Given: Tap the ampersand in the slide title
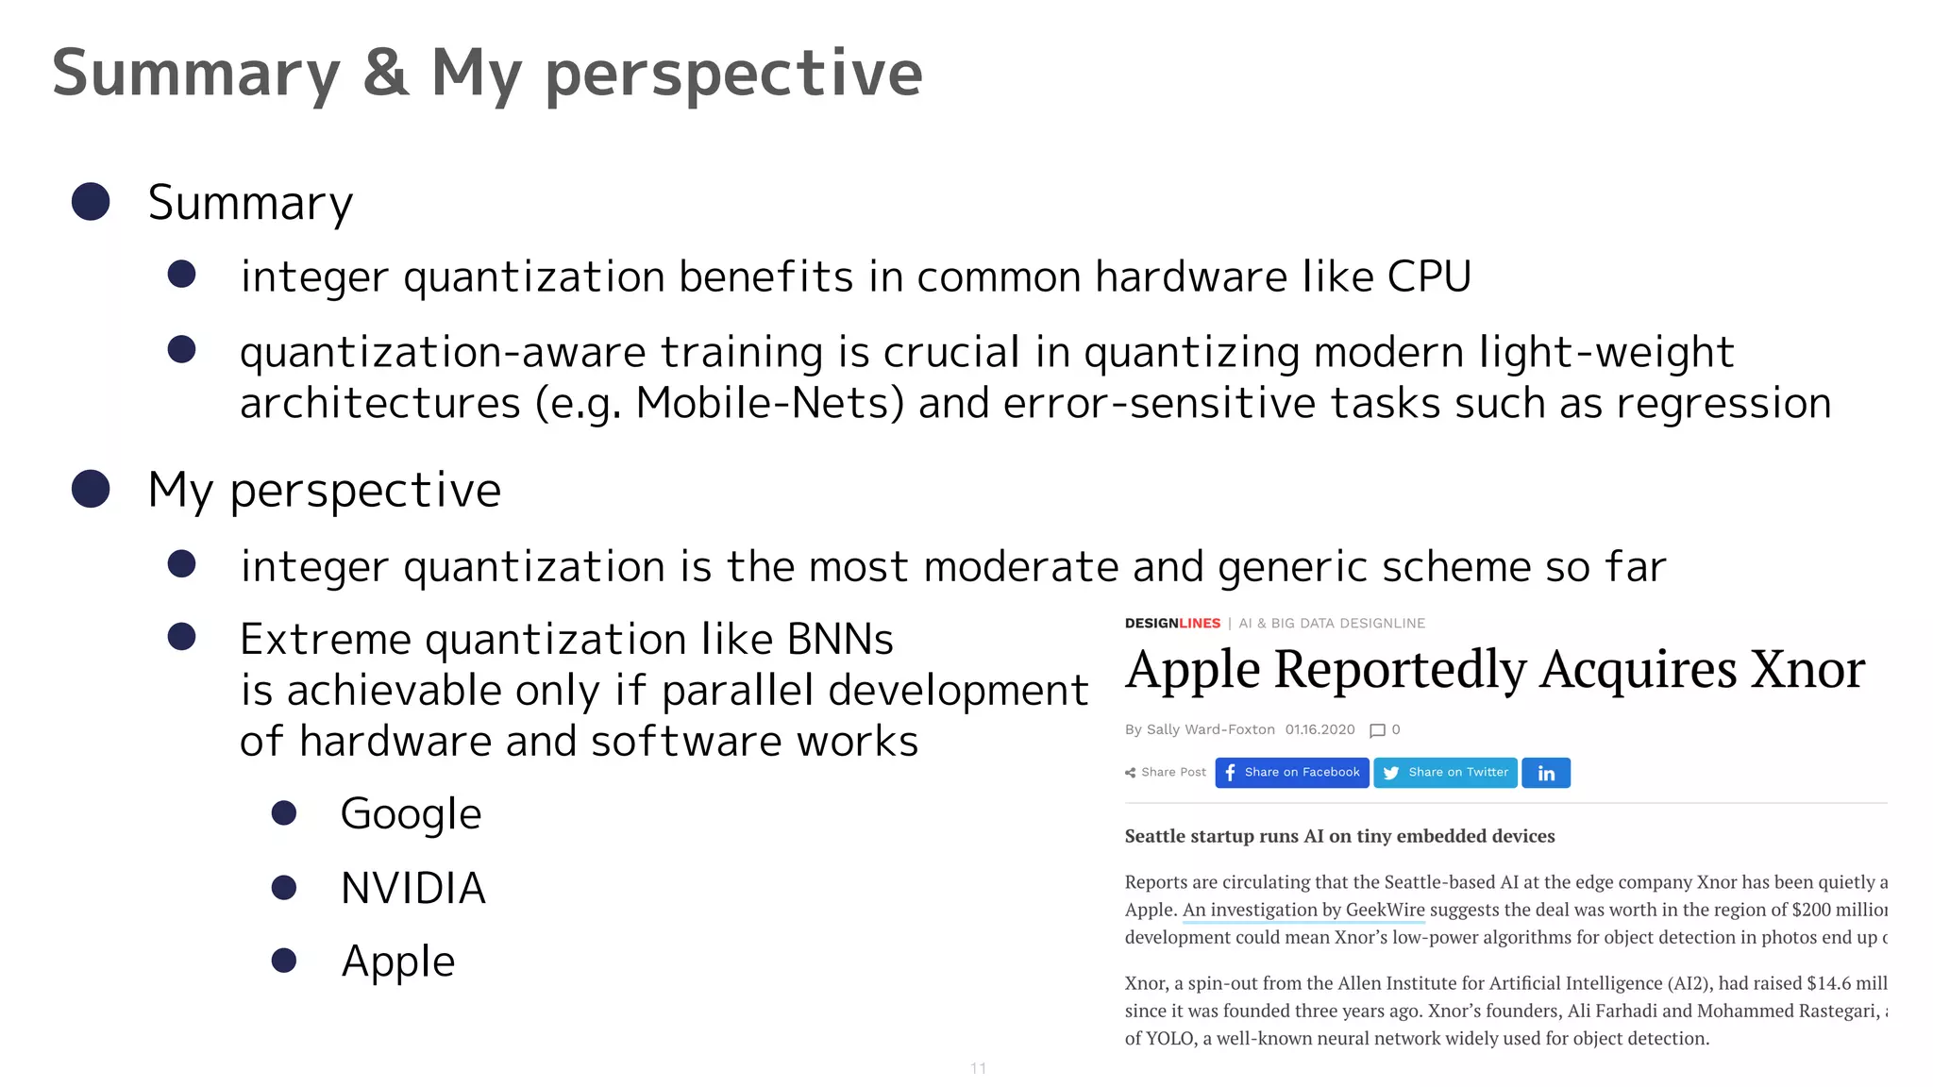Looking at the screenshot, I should coord(386,74).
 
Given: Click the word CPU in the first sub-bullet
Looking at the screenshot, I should coord(1428,276).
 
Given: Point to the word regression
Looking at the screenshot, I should coord(1723,403).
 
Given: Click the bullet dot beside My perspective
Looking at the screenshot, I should coord(91,489).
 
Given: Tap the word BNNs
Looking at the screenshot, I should coord(839,640).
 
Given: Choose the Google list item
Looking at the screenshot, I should coord(411,813).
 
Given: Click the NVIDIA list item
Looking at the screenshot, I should coord(412,888).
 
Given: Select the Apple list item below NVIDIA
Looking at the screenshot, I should coord(397,962).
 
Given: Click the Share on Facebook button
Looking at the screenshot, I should coord(1291,773).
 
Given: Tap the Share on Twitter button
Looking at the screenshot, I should coord(1445,773).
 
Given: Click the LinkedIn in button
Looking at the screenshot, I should coord(1546,773).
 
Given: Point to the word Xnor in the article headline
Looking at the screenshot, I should coord(1807,670).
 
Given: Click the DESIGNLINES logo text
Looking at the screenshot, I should coord(1172,624).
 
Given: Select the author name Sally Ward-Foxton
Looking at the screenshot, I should coord(1210,729).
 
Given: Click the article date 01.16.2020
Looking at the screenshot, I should coord(1319,729).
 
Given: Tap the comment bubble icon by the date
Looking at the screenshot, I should coord(1377,730).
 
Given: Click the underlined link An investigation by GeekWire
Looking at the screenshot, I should coord(1303,910).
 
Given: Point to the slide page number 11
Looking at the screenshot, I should coord(978,1068).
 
